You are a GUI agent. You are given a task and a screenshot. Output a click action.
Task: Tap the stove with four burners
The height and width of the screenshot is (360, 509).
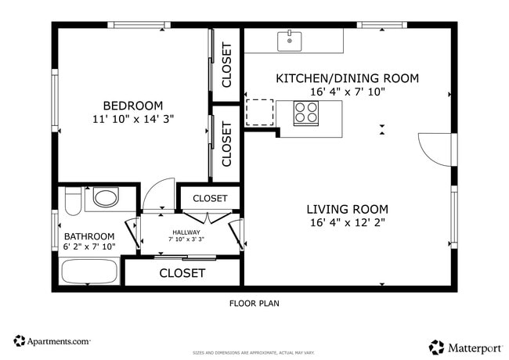[x=305, y=113]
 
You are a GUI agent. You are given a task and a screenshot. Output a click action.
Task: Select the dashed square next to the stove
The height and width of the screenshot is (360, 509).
[x=260, y=112]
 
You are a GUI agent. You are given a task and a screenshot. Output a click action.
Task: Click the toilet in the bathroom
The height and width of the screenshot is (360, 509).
[x=72, y=201]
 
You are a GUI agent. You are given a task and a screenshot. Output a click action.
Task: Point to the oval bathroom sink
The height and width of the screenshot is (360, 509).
[x=105, y=197]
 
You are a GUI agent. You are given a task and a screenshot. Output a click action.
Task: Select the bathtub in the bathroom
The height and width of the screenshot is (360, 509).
[x=89, y=272]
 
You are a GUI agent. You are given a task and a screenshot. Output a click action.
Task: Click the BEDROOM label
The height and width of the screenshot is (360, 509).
[x=133, y=106]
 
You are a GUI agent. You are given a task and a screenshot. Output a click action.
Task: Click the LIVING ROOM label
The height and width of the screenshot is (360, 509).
[x=347, y=209]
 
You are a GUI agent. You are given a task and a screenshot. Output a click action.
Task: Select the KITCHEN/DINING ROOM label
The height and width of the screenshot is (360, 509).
[x=347, y=78]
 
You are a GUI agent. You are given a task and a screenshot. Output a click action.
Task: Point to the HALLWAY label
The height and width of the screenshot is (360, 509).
[x=186, y=232]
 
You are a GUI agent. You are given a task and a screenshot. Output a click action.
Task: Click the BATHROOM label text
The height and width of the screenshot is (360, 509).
[x=89, y=236]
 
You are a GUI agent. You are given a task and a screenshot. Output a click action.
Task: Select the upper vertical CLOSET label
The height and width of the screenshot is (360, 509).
[x=227, y=64]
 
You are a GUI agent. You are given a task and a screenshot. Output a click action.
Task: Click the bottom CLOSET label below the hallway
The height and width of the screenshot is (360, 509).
[x=182, y=273]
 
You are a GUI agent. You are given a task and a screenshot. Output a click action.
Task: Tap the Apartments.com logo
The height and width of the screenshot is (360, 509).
[x=52, y=341]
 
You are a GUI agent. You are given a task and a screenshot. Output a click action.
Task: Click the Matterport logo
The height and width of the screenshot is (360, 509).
[x=465, y=347]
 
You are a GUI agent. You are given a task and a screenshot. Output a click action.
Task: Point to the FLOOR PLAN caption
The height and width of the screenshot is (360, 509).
[x=254, y=304]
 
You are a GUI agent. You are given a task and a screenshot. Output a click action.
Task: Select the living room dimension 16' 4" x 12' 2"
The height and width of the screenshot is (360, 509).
[x=347, y=222]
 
